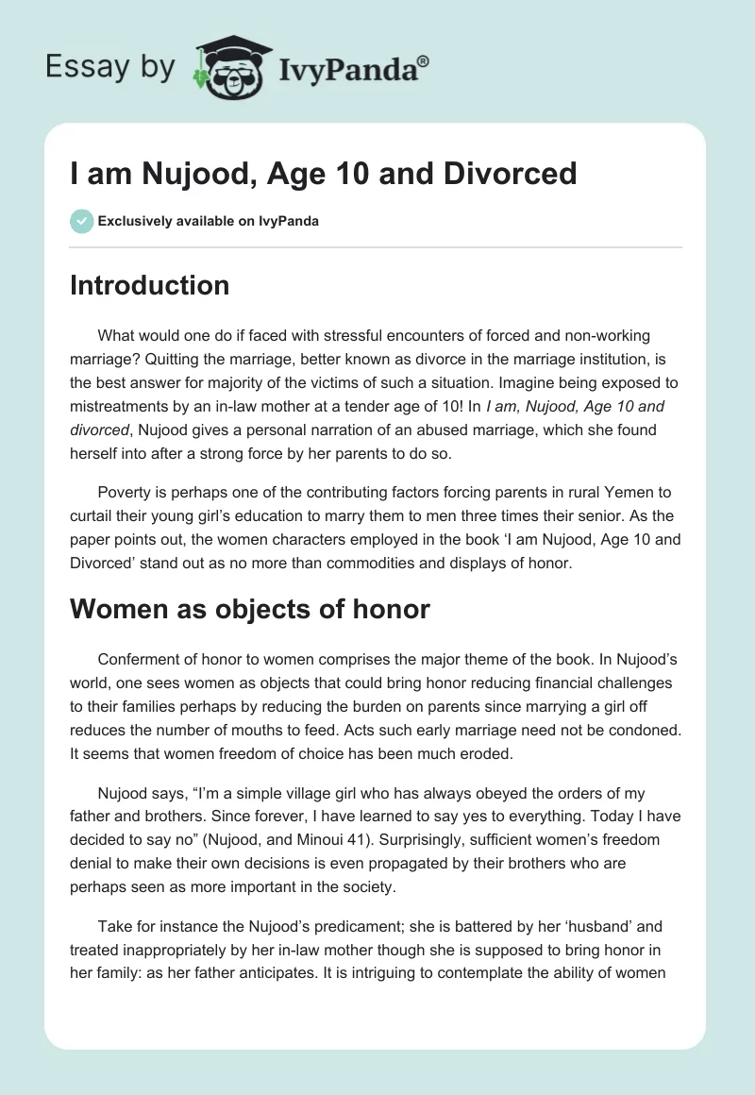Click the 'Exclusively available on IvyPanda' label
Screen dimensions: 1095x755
point(209,221)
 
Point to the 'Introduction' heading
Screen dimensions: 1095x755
point(149,285)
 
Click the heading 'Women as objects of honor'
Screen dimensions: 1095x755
point(249,609)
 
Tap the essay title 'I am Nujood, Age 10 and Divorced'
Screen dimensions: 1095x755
point(323,173)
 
